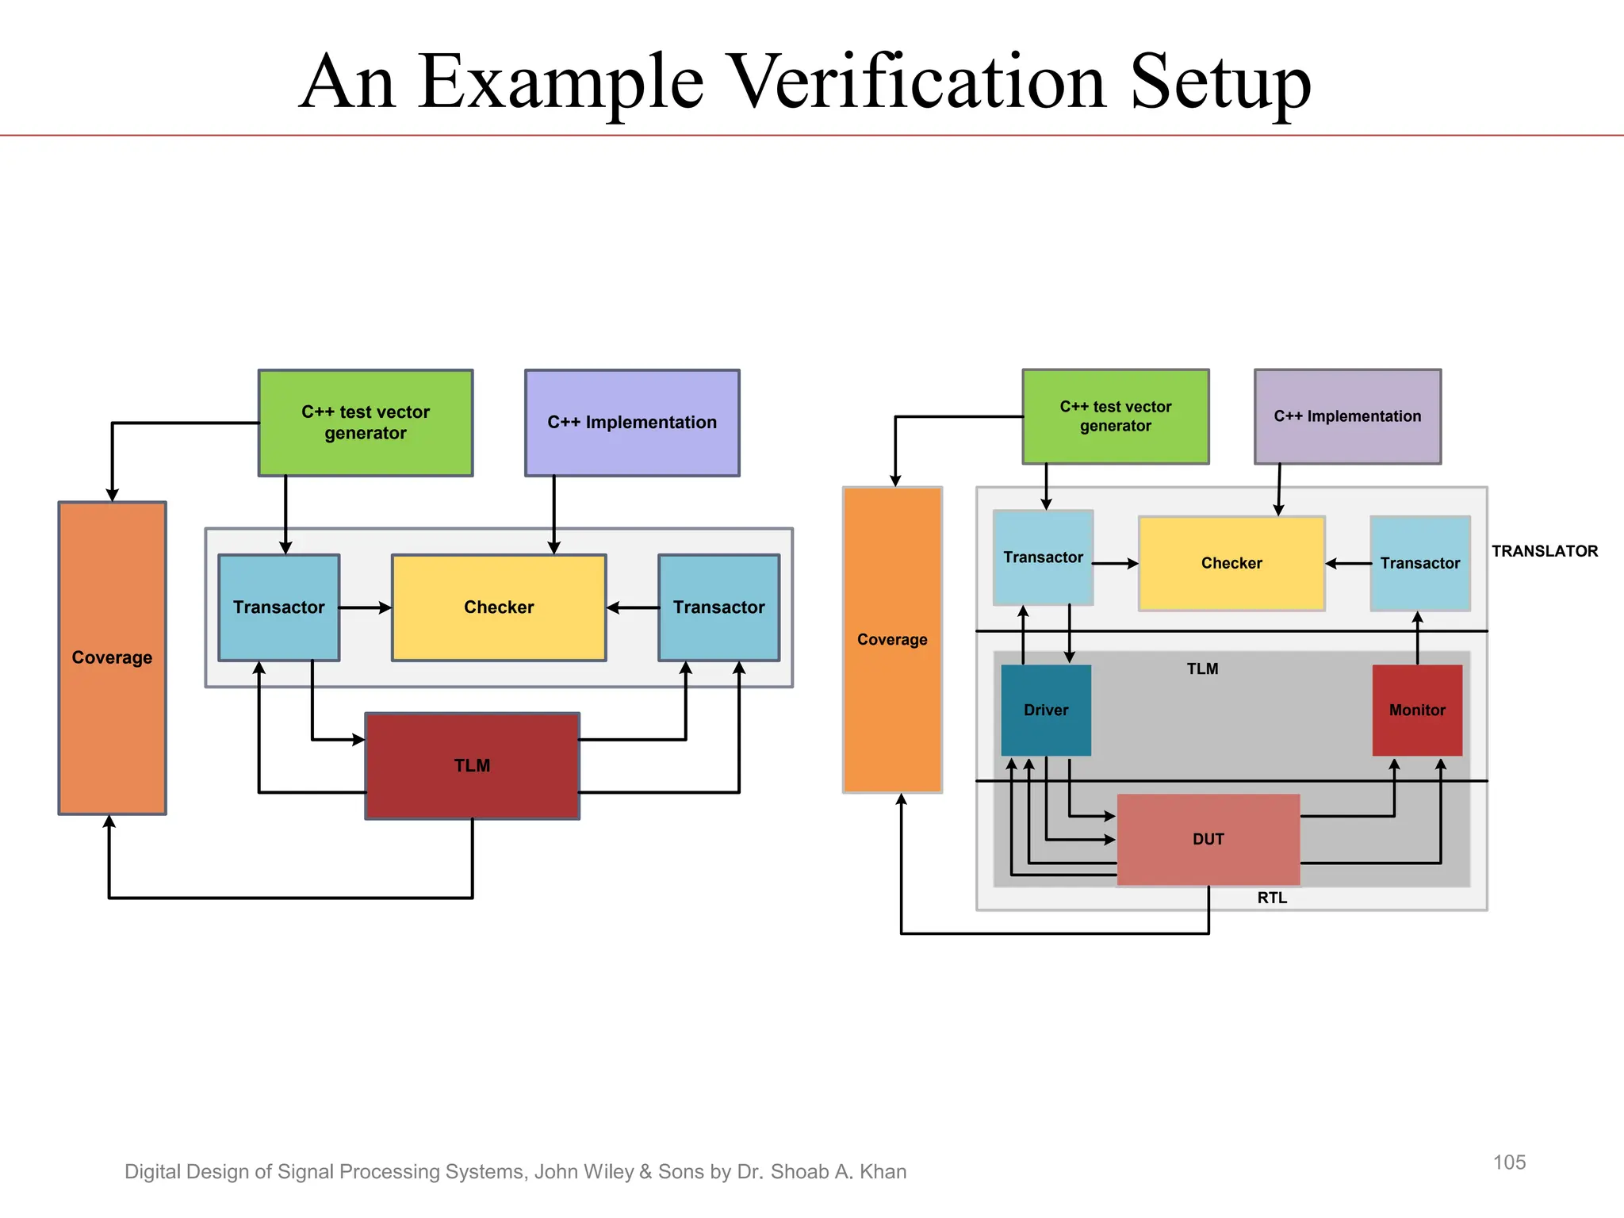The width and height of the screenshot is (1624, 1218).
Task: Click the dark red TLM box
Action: [x=472, y=766]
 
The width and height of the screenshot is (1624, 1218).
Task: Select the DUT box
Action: [x=1208, y=840]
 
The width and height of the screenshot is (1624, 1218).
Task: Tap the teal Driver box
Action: [x=1046, y=710]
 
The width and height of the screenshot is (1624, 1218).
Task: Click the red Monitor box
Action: [x=1417, y=710]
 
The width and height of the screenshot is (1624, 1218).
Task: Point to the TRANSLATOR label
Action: [x=1544, y=551]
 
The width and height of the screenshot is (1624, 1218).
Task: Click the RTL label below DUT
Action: [x=1272, y=898]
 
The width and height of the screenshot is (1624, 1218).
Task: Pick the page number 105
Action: [x=1509, y=1162]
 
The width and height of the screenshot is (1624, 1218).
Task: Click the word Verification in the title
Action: [x=916, y=82]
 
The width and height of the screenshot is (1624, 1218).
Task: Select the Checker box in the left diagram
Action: [x=499, y=607]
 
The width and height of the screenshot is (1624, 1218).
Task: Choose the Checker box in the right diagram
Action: [x=1231, y=564]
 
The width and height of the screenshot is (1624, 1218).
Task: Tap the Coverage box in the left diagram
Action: [x=112, y=657]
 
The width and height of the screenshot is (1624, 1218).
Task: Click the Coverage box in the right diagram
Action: [x=892, y=640]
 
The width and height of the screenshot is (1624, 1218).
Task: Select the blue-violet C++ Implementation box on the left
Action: [x=632, y=423]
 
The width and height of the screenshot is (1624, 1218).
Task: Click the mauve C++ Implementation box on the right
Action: [x=1347, y=416]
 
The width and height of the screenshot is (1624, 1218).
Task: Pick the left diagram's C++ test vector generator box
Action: [x=366, y=423]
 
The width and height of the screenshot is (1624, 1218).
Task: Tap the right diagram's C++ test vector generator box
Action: [x=1115, y=416]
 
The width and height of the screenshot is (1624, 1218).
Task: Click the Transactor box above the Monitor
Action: [x=1419, y=564]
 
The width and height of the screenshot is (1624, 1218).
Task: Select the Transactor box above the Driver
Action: [x=1043, y=557]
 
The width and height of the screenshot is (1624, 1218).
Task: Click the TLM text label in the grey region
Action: [x=1202, y=669]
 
